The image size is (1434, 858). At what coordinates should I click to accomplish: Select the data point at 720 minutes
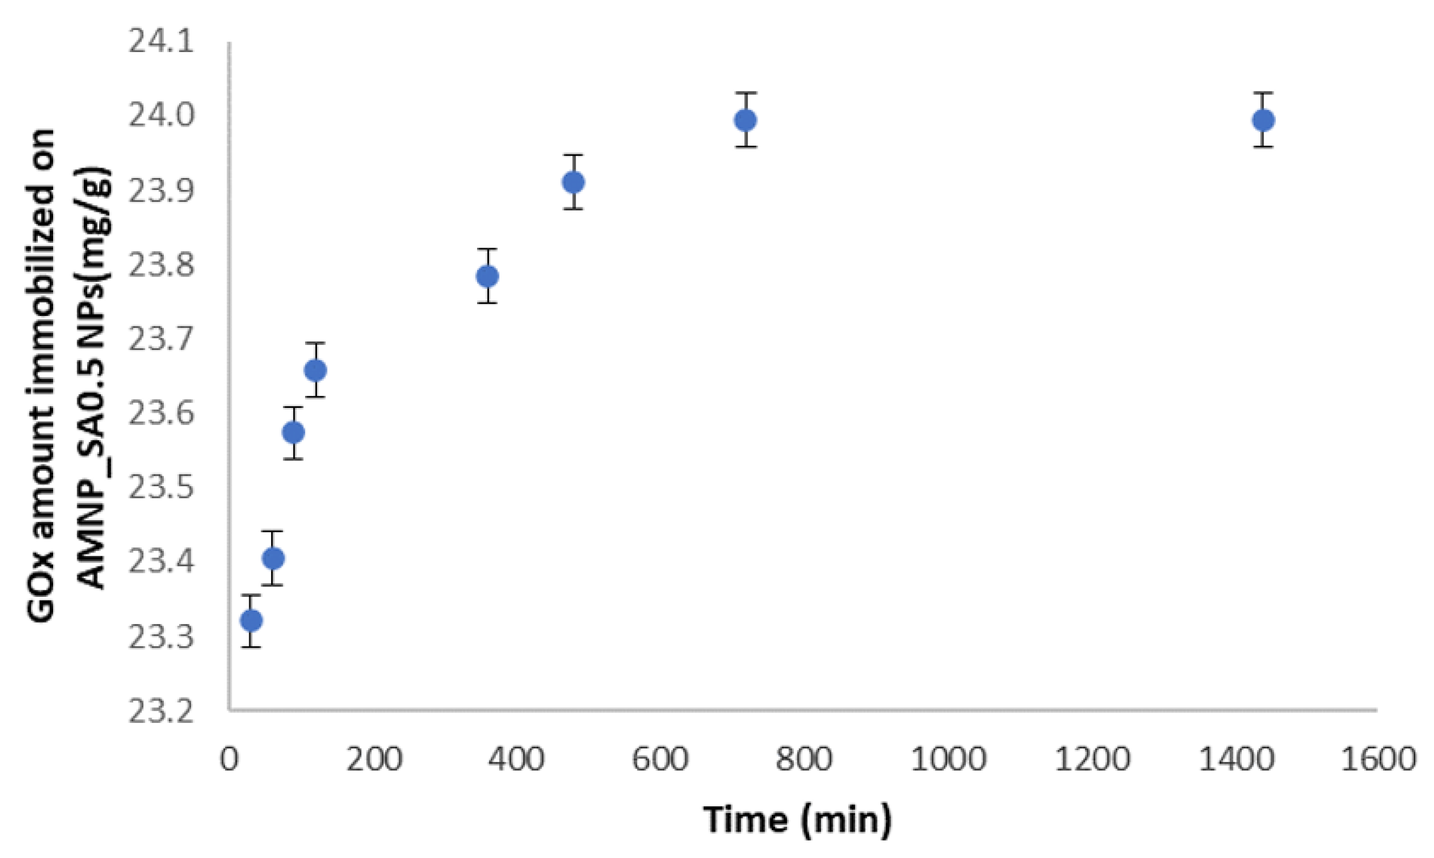[746, 120]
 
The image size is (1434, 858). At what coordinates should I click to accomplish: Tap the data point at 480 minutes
[573, 182]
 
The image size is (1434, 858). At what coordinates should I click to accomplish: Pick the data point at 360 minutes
[487, 277]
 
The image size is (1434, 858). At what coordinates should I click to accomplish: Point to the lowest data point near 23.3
[251, 620]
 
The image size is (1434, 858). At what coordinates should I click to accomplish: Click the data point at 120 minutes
[315, 370]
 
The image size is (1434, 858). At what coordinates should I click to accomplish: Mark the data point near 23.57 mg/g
[294, 433]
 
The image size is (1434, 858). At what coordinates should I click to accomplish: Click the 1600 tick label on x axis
[1378, 759]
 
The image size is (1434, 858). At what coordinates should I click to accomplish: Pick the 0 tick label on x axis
[230, 759]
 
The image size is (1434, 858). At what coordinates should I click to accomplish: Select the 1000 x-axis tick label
[948, 759]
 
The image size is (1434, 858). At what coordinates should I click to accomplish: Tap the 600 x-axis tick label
[661, 759]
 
